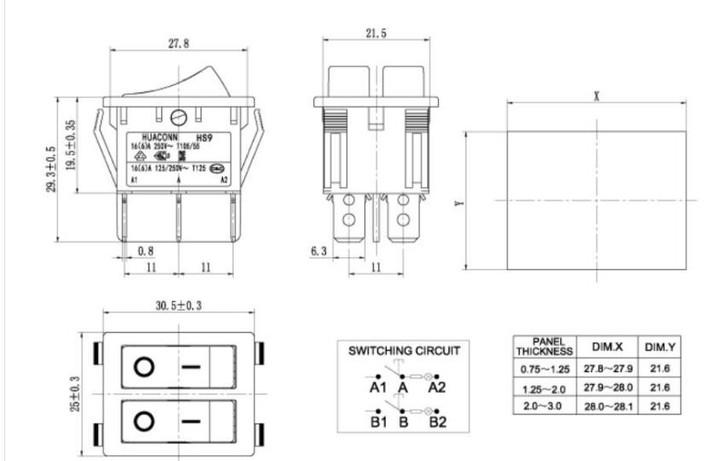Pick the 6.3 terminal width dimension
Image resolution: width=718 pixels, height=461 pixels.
pyautogui.click(x=318, y=251)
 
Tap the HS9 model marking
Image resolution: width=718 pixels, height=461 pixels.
pyautogui.click(x=204, y=137)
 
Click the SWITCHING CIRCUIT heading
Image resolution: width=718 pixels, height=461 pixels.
pyautogui.click(x=405, y=351)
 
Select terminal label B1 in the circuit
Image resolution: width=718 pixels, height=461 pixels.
pyautogui.click(x=378, y=422)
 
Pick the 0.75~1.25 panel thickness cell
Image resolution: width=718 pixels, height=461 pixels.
pyautogui.click(x=544, y=369)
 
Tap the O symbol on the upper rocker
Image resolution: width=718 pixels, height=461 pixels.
pyautogui.click(x=144, y=367)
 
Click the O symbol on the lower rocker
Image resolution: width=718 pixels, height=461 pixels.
pyautogui.click(x=144, y=422)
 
